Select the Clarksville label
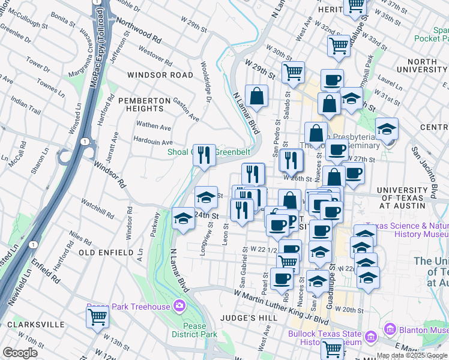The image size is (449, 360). (35, 324)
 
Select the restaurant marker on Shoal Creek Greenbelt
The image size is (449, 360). (204, 155)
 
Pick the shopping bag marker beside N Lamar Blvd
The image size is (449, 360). (256, 95)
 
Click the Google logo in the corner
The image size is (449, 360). (20, 353)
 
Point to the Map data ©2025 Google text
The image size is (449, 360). (412, 356)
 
